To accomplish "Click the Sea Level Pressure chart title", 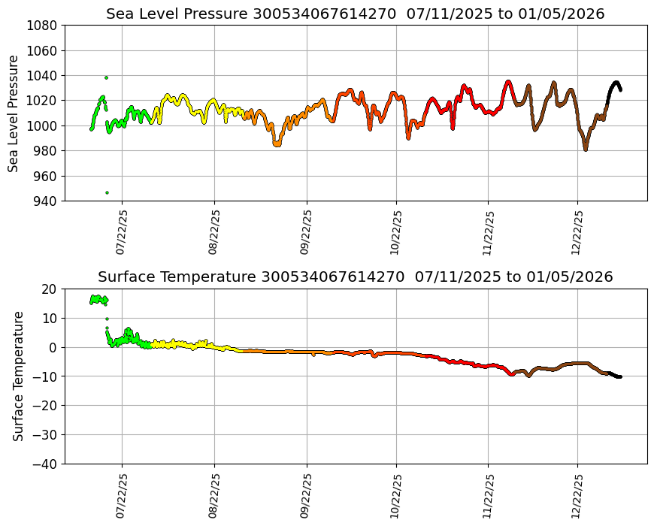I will click(x=355, y=14).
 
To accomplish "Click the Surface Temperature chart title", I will click(x=355, y=277).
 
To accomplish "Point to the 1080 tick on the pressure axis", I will click(x=44, y=26).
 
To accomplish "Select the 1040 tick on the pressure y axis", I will click(x=44, y=76).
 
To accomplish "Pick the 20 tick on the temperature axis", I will click(x=50, y=289).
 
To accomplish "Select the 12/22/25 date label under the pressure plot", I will click(x=577, y=232).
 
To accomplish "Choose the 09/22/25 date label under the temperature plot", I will click(x=305, y=495).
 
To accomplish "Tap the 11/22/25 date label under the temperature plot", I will click(x=487, y=495).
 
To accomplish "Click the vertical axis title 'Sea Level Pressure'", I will click(x=14, y=113).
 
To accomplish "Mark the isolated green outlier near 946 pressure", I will click(x=107, y=192).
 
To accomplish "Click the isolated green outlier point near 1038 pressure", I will click(x=106, y=77).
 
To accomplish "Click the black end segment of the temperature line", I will click(x=615, y=375).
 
